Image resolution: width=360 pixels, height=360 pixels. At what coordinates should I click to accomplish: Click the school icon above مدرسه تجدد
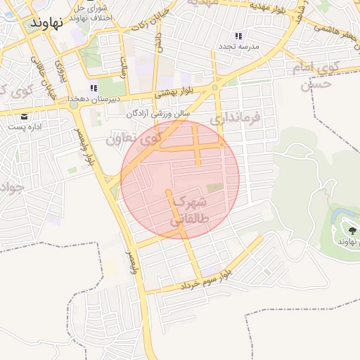point(238,35)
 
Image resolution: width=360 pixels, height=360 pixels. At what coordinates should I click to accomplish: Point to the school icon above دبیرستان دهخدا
point(94,89)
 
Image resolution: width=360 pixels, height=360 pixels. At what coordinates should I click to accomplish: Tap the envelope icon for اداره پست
point(25,116)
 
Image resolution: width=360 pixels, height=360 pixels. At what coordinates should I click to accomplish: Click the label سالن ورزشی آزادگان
point(159,113)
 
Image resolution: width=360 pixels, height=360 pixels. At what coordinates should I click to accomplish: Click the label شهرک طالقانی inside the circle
point(188,210)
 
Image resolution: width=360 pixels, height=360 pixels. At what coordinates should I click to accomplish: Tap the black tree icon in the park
point(352,229)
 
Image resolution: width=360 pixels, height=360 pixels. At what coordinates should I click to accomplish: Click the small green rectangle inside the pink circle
point(213,188)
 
